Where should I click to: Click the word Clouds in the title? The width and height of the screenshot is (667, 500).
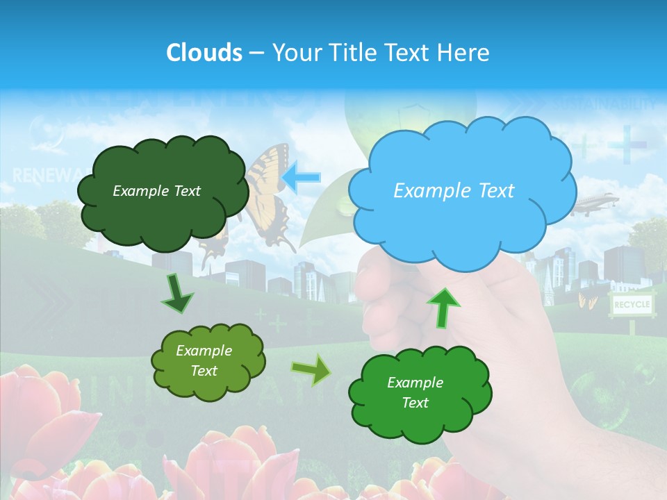pos(204,53)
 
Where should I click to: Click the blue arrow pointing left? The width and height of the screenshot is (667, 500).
pos(302,177)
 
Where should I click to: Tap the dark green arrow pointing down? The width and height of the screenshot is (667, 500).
pos(178,293)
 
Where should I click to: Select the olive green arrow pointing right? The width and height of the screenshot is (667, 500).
pos(312,369)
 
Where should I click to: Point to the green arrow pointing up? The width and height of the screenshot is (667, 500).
pos(443,307)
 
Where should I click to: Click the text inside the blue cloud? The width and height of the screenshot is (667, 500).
pos(454,191)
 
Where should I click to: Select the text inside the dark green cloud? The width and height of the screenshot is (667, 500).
pos(156,191)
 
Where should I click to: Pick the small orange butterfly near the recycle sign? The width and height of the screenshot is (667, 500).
pos(586,301)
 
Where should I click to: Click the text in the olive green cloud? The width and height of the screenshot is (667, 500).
pos(204,361)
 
